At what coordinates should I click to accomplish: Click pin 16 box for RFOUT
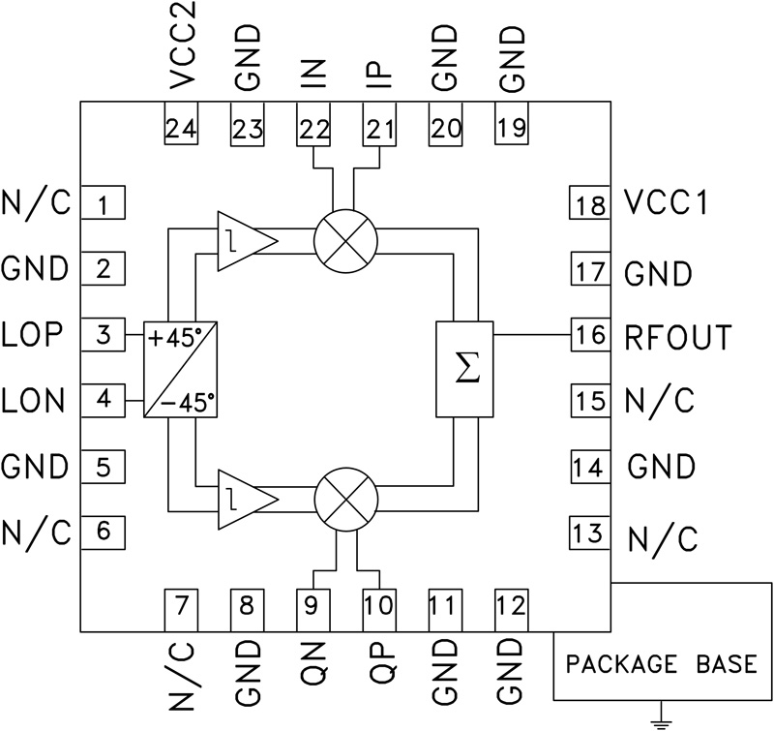pyautogui.click(x=588, y=336)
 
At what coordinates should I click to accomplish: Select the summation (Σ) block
pyautogui.click(x=465, y=369)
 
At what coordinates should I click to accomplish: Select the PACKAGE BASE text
pyautogui.click(x=662, y=666)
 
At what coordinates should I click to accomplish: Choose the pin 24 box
pyautogui.click(x=180, y=126)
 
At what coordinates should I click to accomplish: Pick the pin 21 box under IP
pyautogui.click(x=379, y=126)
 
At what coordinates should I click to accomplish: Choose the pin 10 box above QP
pyautogui.click(x=379, y=607)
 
